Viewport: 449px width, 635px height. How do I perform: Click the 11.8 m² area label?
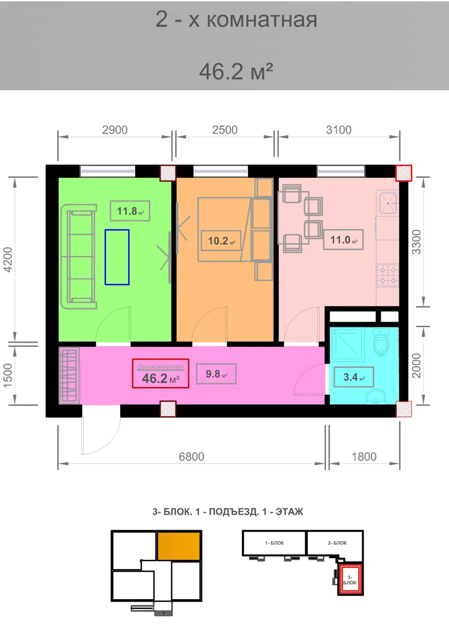click(x=130, y=211)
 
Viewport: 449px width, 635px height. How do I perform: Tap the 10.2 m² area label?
click(x=221, y=241)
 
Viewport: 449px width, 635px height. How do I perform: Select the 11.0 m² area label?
click(x=343, y=240)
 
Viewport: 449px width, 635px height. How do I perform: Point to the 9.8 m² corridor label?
click(x=217, y=374)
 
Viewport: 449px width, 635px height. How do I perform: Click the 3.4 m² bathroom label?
click(x=354, y=377)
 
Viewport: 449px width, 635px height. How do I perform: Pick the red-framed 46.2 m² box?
click(x=161, y=374)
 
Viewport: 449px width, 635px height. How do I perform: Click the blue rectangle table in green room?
click(x=117, y=257)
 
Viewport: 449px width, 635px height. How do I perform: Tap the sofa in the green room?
click(x=78, y=257)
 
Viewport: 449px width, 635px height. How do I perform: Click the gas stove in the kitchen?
click(x=388, y=275)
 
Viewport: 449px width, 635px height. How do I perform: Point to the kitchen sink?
click(x=388, y=203)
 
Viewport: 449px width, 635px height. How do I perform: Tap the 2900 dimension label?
click(x=115, y=130)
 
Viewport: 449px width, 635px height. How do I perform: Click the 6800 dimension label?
click(x=192, y=457)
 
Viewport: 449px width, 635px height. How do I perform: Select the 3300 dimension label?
click(x=416, y=242)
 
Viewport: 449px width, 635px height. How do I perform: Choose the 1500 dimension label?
click(x=7, y=376)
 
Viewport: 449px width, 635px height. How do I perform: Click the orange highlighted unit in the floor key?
click(x=179, y=546)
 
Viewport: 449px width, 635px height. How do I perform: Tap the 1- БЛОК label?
click(x=274, y=543)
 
